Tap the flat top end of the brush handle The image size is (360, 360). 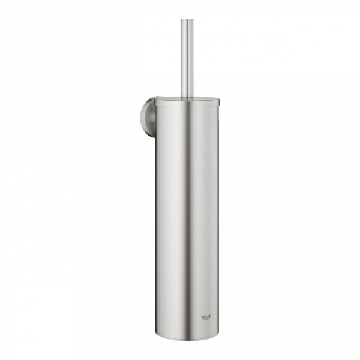[187, 20]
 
